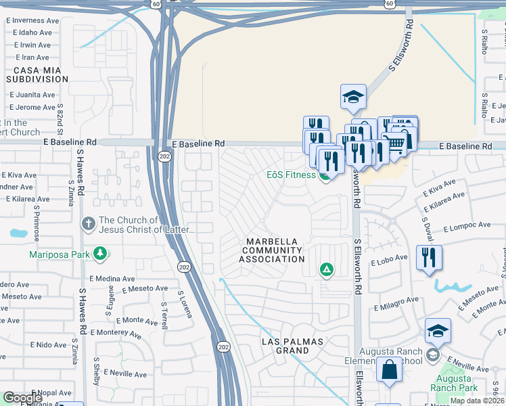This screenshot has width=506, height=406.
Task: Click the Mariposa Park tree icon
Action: (x=100, y=254)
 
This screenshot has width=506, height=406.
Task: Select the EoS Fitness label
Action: (x=291, y=175)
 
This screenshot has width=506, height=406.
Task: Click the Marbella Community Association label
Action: (x=275, y=250)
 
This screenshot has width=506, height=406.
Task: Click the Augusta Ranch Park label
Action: (x=455, y=382)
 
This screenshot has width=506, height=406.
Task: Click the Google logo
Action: (x=22, y=397)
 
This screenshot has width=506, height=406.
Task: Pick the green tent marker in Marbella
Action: (x=327, y=271)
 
